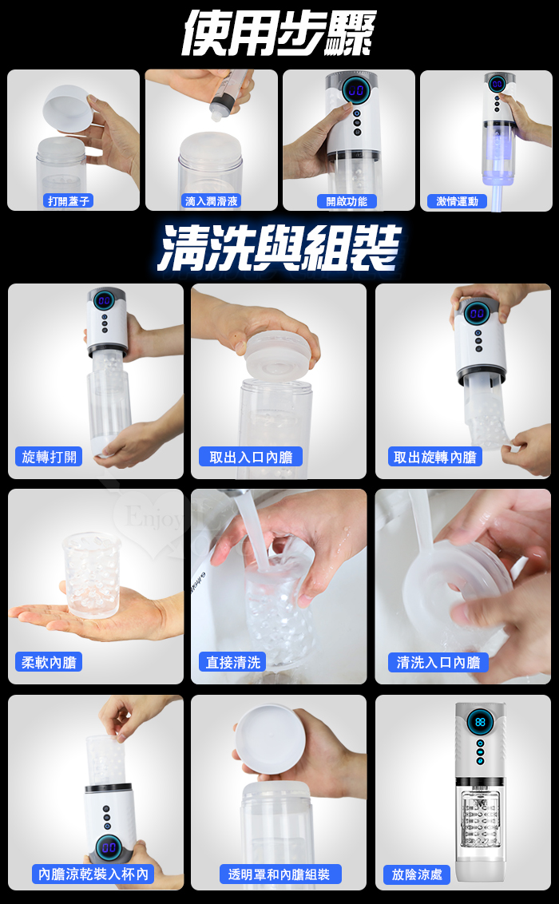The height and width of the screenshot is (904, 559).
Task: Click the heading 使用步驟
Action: pos(279,34)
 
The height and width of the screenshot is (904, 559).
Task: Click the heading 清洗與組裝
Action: pos(279,248)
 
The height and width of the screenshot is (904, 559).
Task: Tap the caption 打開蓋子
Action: pos(69,200)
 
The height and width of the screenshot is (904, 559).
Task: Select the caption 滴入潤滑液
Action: pos(212,200)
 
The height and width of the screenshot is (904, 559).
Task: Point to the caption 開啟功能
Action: pos(347,200)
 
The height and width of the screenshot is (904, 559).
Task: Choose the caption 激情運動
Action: pos(457,200)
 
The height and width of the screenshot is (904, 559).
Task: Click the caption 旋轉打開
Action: pos(49,457)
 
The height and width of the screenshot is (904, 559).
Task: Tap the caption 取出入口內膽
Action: pos(251,457)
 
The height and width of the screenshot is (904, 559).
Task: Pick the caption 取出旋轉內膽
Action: pos(434,457)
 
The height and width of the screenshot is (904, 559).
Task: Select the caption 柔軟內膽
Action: pos(49,662)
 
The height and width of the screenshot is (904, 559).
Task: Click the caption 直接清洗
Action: pos(233,662)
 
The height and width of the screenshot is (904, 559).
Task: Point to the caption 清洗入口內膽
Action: pos(438,662)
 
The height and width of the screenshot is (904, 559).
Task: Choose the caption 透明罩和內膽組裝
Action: pos(279,874)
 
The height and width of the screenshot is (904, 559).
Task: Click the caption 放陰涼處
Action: pos(417,874)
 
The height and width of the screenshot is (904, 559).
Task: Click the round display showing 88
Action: pos(479,722)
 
